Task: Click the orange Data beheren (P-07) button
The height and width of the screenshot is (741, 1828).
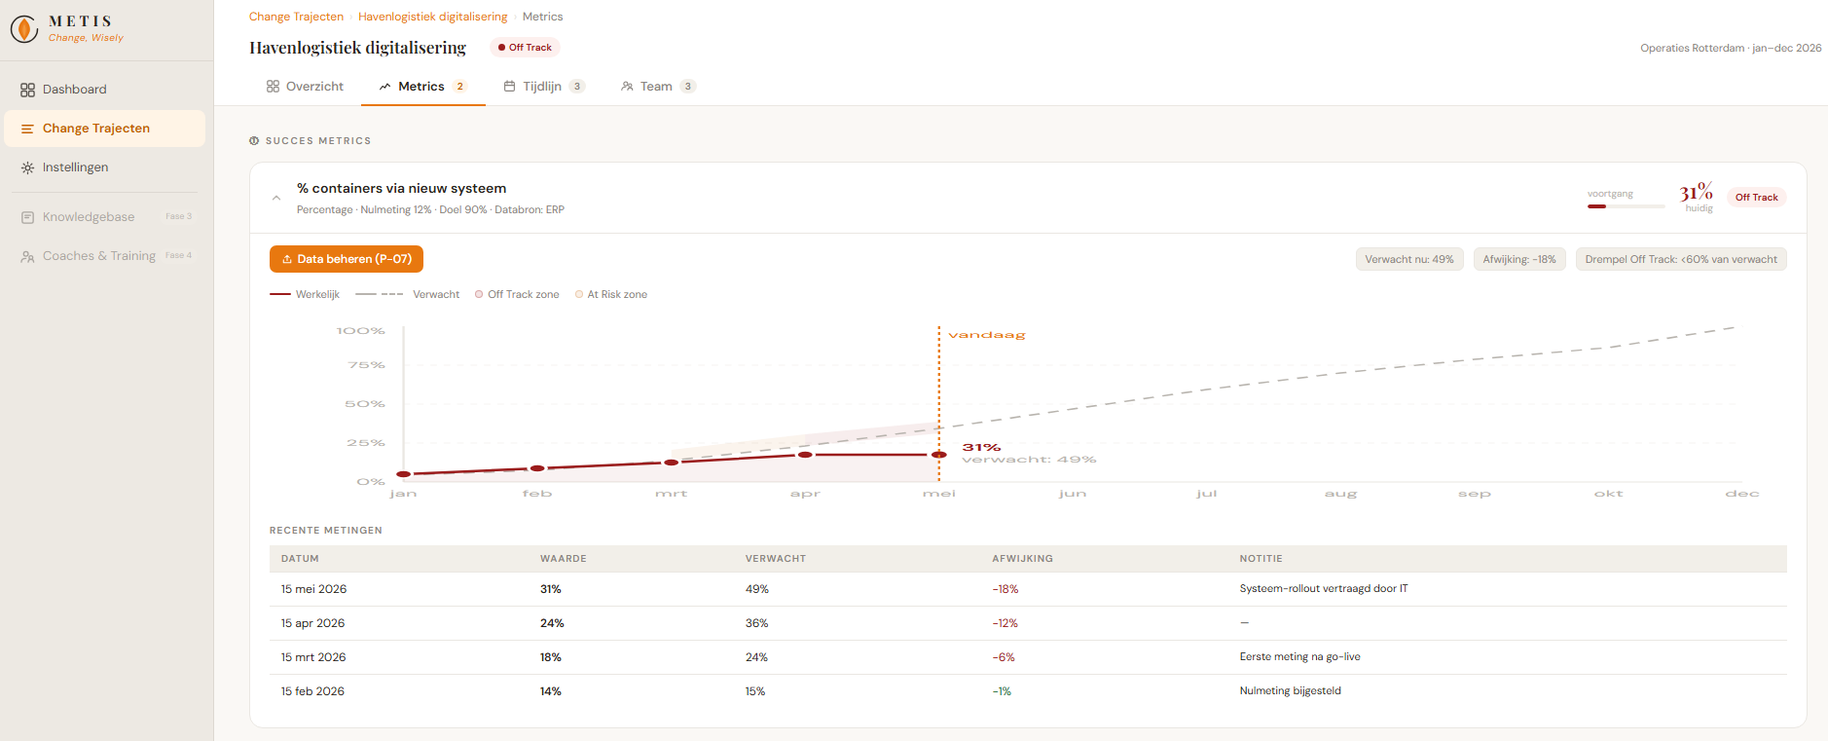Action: tap(347, 259)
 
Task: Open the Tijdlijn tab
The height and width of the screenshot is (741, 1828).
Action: tap(543, 87)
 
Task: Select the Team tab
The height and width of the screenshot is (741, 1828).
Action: tap(658, 87)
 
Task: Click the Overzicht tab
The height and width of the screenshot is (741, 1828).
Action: tap(305, 87)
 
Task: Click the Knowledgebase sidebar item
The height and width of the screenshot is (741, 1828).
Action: tap(89, 217)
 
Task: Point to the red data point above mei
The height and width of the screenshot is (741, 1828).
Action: tap(939, 455)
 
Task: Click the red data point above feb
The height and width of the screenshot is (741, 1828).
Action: tap(537, 468)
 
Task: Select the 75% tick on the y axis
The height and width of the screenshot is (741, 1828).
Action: tap(366, 365)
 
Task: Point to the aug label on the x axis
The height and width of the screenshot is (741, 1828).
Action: tap(1340, 494)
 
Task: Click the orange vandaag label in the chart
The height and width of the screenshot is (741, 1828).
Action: tap(987, 335)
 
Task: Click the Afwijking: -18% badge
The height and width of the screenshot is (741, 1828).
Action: tap(1519, 259)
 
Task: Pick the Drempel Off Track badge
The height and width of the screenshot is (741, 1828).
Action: tap(1681, 259)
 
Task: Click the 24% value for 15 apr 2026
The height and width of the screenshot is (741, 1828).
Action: tap(552, 623)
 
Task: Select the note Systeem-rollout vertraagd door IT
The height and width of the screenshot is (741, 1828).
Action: tap(1324, 589)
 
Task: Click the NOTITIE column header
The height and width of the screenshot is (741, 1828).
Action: tap(1261, 559)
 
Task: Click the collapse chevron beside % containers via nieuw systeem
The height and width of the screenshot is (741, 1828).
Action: tap(276, 198)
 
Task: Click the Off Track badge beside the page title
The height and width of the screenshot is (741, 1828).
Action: tap(525, 48)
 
